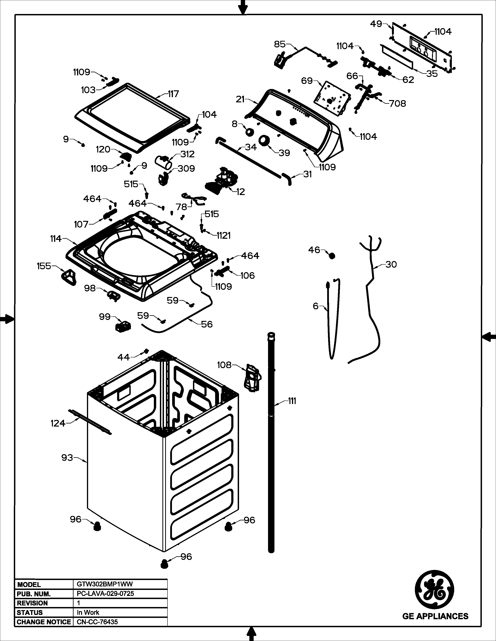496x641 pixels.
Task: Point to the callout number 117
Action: tap(173, 94)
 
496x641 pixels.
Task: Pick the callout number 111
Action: tap(292, 401)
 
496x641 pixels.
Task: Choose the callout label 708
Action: tap(398, 103)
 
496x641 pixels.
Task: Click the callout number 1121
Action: tap(224, 235)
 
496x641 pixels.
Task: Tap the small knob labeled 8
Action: tap(250, 132)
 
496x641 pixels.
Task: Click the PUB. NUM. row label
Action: tap(34, 594)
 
